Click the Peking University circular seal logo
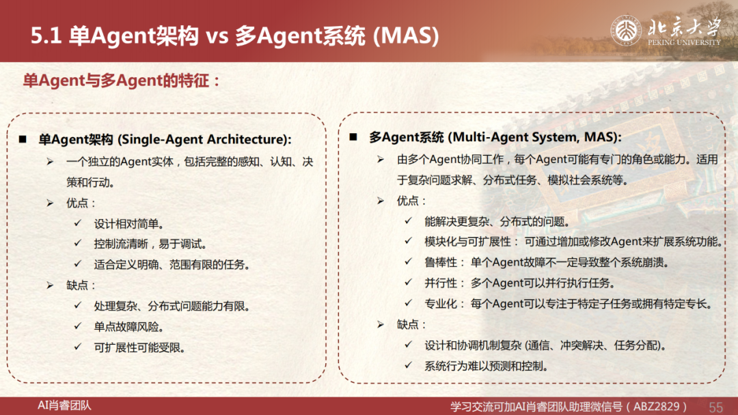[626, 31]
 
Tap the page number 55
[715, 407]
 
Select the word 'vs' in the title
[217, 36]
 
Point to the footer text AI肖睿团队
[64, 405]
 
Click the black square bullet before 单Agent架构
[23, 139]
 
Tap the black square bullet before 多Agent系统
[353, 137]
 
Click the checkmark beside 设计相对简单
[78, 223]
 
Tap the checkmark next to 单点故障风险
[78, 326]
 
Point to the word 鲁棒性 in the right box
[441, 262]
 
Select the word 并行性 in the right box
[441, 283]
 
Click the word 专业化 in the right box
[441, 304]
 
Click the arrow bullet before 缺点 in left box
[51, 285]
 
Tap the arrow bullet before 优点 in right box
[381, 201]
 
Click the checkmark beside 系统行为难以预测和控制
[409, 364]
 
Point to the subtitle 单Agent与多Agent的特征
[122, 81]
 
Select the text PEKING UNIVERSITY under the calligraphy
[684, 42]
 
